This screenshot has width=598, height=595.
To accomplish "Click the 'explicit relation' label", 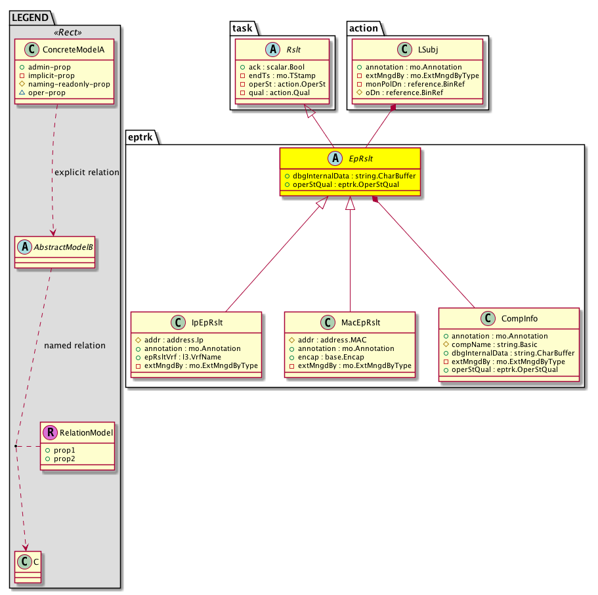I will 87,173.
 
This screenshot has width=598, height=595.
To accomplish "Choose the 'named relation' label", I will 75,345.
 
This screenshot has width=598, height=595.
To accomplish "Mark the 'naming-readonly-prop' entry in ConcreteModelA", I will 74,85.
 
